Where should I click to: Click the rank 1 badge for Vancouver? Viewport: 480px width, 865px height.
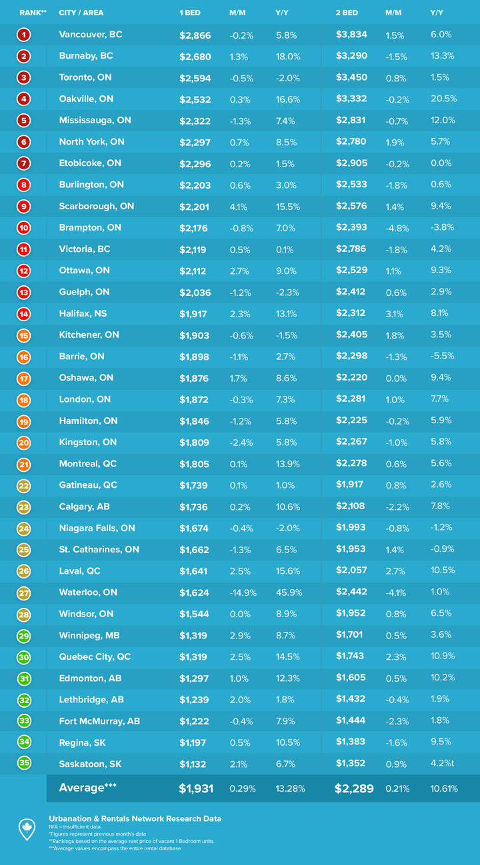point(24,35)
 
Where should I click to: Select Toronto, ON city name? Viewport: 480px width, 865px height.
point(85,77)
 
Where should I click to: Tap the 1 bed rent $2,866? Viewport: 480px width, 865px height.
point(195,35)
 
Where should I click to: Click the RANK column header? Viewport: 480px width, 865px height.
point(33,13)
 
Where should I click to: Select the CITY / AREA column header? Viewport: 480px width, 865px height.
point(81,13)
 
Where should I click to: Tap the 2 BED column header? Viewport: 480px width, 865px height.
point(347,13)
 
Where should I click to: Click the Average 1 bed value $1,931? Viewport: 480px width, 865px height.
point(196,789)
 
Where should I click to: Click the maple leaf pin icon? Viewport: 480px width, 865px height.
point(26,828)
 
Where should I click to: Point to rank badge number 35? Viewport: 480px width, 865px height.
point(24,764)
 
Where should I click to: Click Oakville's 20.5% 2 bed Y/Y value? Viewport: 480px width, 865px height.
point(444,99)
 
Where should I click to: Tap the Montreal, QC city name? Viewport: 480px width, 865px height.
point(88,463)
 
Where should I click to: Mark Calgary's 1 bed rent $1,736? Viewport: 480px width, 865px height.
point(194,506)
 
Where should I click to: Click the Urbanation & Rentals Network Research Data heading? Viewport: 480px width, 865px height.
point(135,818)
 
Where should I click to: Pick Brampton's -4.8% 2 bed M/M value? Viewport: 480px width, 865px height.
point(397,227)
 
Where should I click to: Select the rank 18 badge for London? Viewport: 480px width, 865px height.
point(24,399)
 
